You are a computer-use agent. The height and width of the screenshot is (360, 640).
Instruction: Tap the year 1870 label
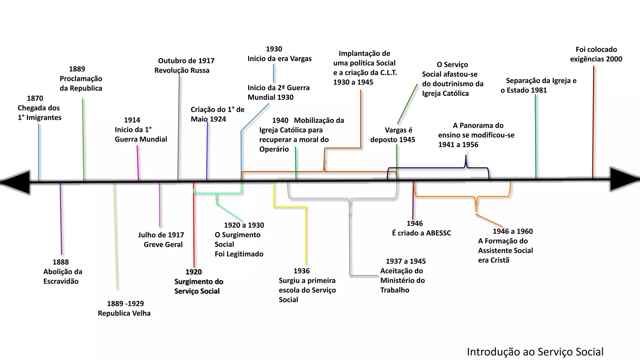pyautogui.click(x=35, y=98)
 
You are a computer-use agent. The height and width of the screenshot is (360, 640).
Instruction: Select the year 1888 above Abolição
pyautogui.click(x=61, y=262)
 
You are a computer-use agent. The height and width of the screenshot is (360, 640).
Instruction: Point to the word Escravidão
pyautogui.click(x=61, y=281)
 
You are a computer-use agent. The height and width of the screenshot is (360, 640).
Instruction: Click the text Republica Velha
pyautogui.click(x=124, y=313)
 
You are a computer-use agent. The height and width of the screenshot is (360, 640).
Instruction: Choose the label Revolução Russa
pyautogui.click(x=182, y=70)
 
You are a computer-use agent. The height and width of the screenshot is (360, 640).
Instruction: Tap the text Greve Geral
pyautogui.click(x=163, y=244)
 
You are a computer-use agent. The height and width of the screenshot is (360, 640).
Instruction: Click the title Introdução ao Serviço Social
pyautogui.click(x=535, y=352)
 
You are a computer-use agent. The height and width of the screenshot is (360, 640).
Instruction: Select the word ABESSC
pyautogui.click(x=438, y=233)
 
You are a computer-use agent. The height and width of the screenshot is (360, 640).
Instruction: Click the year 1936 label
pyautogui.click(x=302, y=271)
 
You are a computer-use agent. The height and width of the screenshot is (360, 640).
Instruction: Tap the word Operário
pyautogui.click(x=274, y=149)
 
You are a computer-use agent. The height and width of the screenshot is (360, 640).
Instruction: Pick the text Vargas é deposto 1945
pyautogui.click(x=393, y=135)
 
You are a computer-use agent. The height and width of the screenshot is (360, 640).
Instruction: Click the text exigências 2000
pyautogui.click(x=596, y=59)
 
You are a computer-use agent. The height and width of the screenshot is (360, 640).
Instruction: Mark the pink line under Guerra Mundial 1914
pyautogui.click(x=137, y=162)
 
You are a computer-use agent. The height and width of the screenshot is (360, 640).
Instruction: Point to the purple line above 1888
pyautogui.click(x=61, y=219)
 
